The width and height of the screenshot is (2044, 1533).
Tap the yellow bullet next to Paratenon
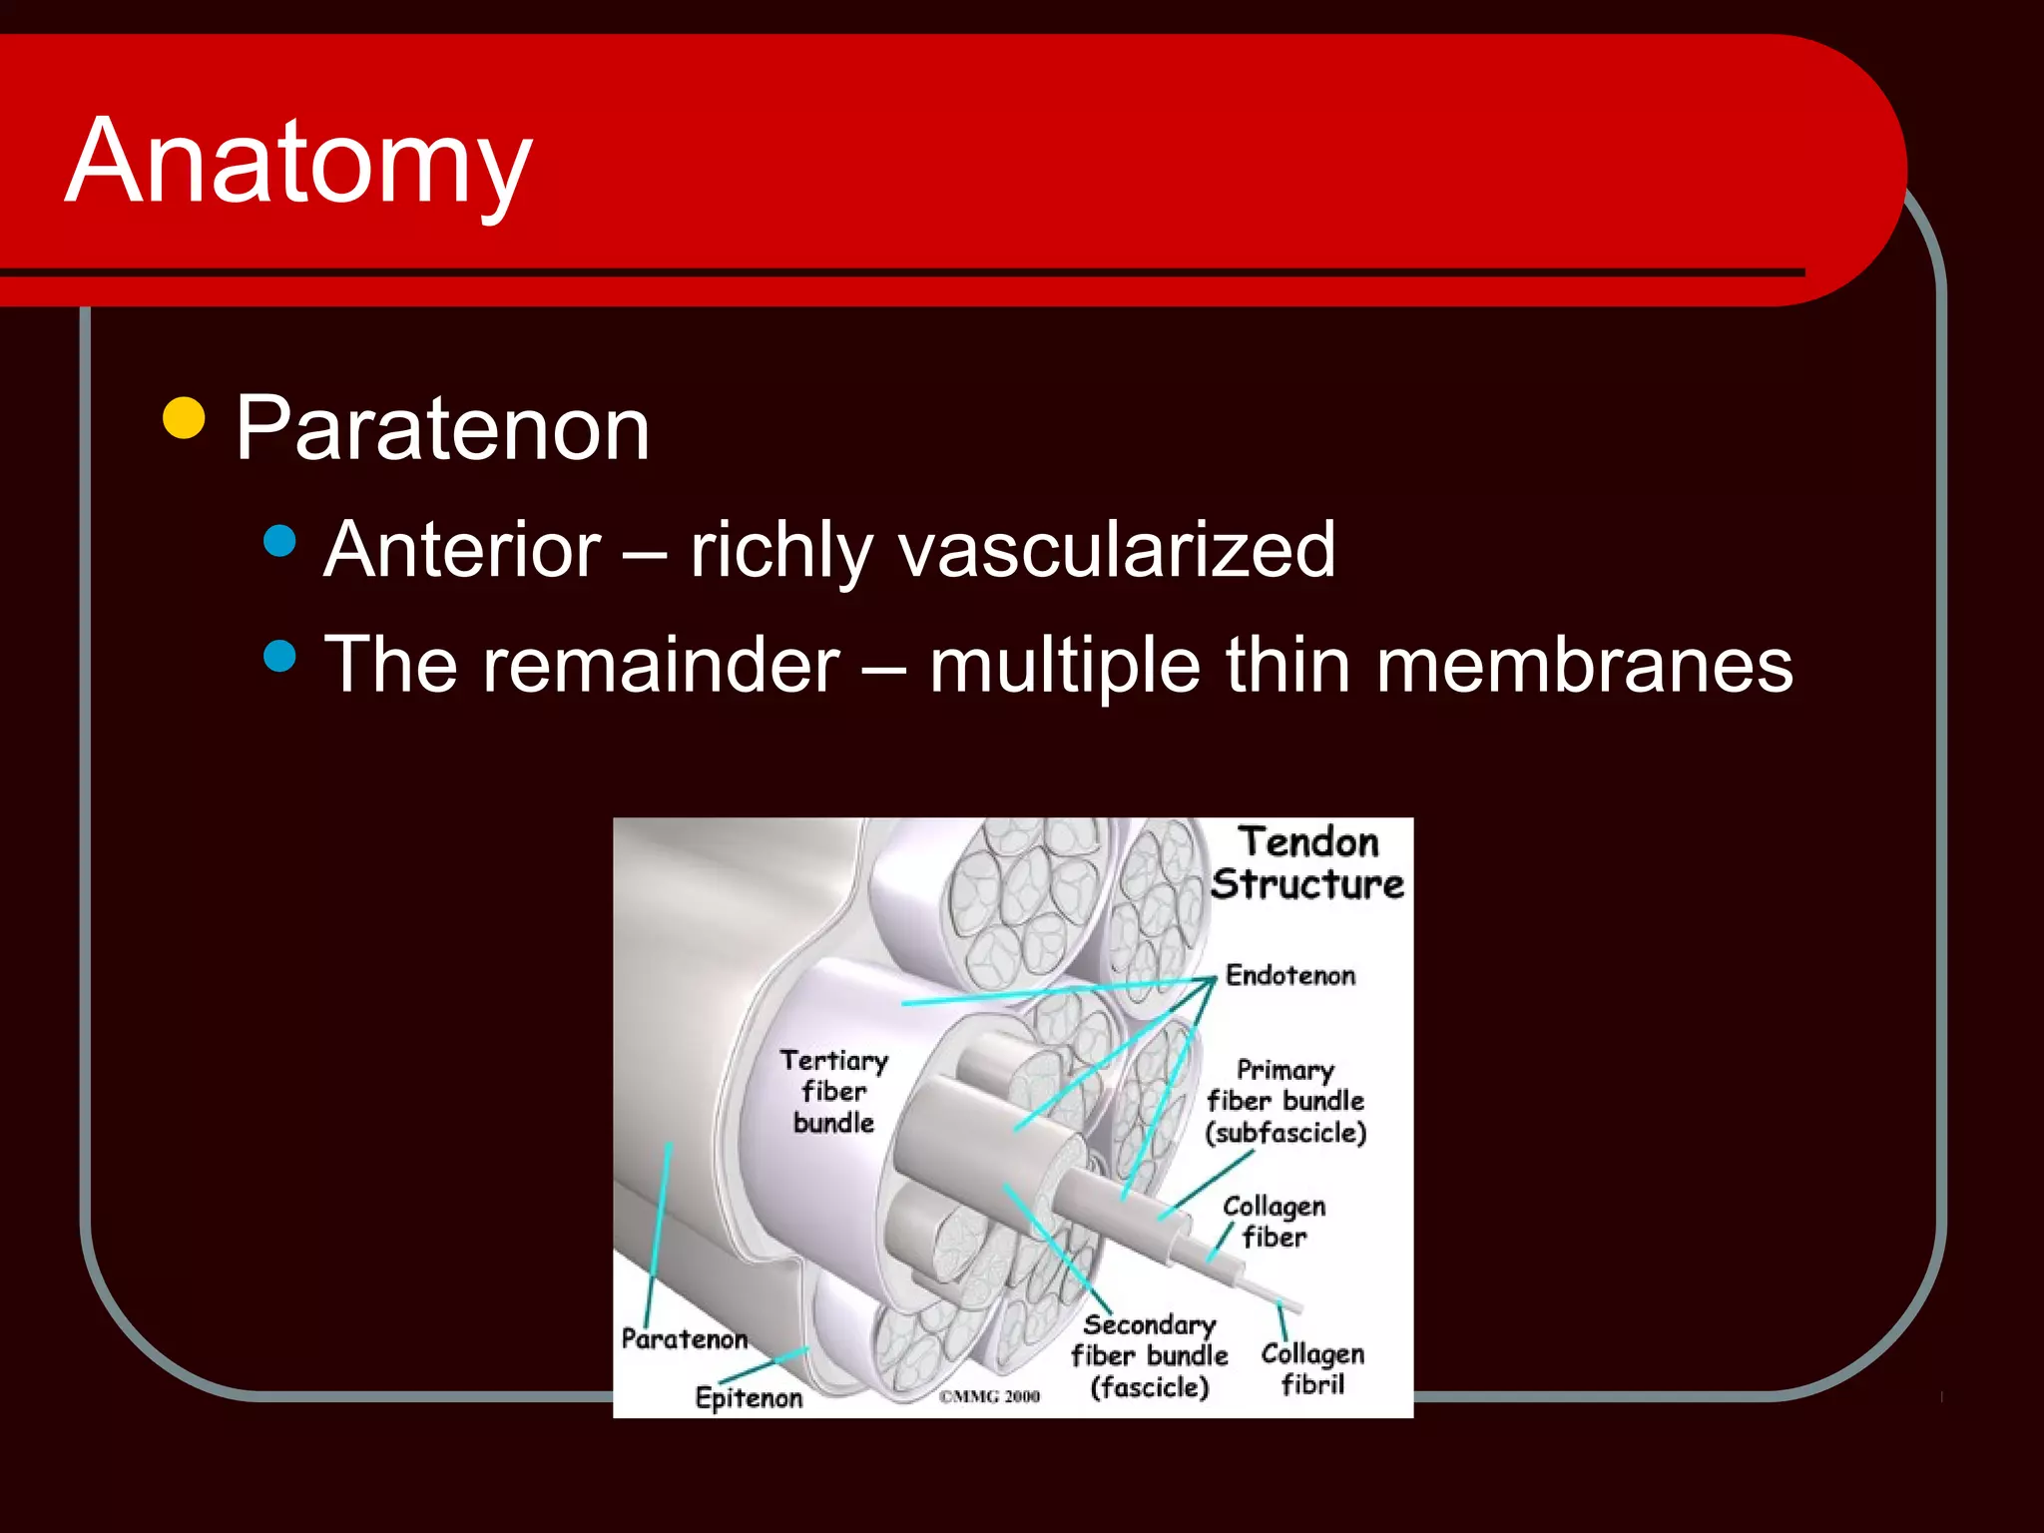tap(184, 418)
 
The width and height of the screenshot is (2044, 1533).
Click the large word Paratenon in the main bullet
tap(442, 429)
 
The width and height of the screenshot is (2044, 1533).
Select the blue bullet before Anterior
tap(280, 541)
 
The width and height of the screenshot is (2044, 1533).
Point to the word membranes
tap(1584, 666)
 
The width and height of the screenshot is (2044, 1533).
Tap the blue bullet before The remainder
tap(280, 656)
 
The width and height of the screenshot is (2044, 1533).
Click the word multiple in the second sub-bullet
tap(1064, 666)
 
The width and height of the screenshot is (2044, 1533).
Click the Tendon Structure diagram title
tap(1307, 863)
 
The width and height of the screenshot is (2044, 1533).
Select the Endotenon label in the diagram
tap(1289, 975)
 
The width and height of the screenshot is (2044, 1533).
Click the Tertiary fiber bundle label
tap(834, 1091)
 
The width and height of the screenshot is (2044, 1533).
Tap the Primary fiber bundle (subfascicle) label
tap(1285, 1101)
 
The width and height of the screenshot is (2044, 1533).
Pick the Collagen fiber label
tap(1274, 1221)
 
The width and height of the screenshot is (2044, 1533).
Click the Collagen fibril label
tap(1312, 1368)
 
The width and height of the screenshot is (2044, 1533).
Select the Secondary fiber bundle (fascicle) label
tap(1149, 1355)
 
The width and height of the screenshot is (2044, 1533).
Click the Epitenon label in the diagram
tap(749, 1397)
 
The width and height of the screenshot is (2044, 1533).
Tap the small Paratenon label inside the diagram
tap(684, 1338)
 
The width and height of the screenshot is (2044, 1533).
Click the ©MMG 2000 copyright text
tap(989, 1396)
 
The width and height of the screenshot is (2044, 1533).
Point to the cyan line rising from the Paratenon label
tap(659, 1228)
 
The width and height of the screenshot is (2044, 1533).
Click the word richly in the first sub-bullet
tap(781, 550)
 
